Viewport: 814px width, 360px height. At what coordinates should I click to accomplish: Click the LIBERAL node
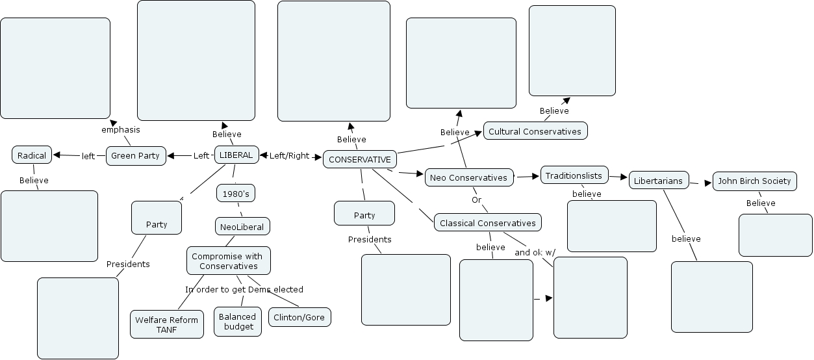coord(236,155)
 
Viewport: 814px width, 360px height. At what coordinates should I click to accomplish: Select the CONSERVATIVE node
coord(360,159)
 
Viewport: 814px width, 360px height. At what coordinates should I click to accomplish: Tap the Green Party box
coord(135,156)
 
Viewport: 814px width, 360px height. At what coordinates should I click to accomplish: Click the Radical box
coord(32,155)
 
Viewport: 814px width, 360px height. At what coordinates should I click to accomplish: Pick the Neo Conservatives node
coord(468,177)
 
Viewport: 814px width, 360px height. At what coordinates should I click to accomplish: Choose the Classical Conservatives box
coord(488,223)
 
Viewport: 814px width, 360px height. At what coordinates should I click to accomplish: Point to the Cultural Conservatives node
coord(535,131)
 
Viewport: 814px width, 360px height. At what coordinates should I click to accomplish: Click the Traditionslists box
coord(574,175)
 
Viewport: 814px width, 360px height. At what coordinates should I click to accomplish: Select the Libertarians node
coord(659,181)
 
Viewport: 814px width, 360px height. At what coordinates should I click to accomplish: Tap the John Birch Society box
coord(754,181)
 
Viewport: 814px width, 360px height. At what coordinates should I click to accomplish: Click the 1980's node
coord(235,194)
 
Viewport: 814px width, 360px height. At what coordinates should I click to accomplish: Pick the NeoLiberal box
coord(242,227)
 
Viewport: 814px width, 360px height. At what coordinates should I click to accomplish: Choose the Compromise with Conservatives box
coord(228,261)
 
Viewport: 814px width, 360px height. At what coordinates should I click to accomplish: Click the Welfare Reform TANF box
coord(167,324)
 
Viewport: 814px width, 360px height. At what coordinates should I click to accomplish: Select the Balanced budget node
coord(238,322)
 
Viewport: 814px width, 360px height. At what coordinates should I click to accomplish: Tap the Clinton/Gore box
coord(299,317)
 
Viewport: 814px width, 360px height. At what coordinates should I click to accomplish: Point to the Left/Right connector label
coord(290,155)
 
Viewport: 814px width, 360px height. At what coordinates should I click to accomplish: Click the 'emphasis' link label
coord(121,129)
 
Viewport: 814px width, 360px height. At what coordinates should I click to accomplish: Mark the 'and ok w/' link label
coord(535,252)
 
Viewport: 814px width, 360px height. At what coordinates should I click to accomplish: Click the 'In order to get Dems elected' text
coord(244,289)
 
